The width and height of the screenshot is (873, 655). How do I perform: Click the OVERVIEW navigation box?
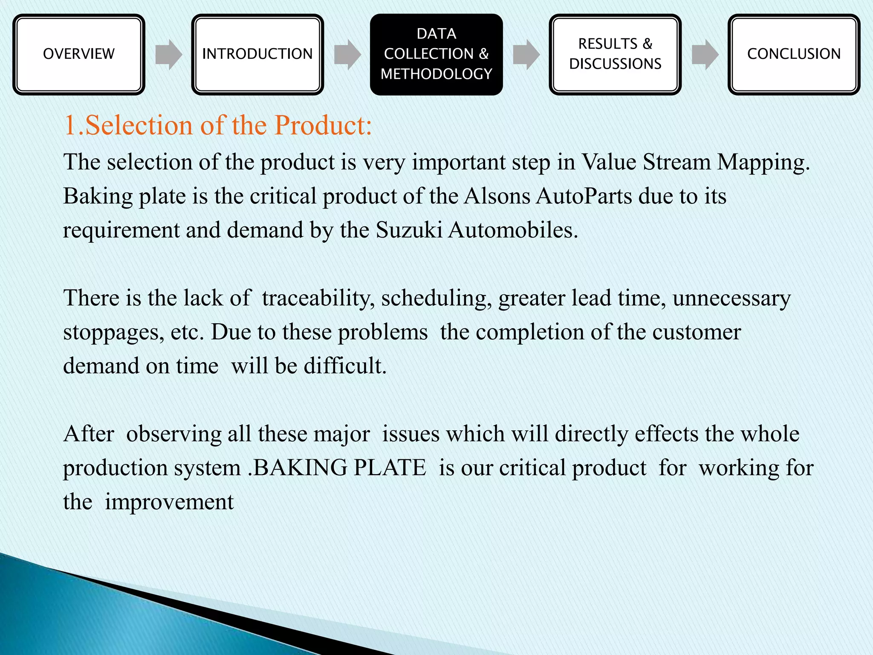point(79,54)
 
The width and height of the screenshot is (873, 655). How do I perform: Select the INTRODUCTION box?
point(257,54)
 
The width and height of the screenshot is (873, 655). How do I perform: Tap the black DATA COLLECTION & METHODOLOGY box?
point(436,54)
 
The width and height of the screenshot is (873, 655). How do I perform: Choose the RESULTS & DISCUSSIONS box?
point(615,54)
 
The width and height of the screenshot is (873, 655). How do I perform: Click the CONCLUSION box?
point(794,54)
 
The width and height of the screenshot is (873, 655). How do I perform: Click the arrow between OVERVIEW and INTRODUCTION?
point(169,55)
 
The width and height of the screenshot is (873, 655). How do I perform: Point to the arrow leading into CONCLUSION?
point(705,55)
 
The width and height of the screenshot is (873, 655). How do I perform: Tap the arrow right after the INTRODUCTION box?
point(347,55)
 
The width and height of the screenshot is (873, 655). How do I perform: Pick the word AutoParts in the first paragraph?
point(584,197)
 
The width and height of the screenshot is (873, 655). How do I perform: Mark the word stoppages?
point(113,333)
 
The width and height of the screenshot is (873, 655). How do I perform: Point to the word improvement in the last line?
point(169,502)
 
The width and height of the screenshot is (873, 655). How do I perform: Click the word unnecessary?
point(731,298)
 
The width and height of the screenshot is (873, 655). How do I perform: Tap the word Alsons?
point(497,197)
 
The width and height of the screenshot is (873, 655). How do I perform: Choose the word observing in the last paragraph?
point(174,434)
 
